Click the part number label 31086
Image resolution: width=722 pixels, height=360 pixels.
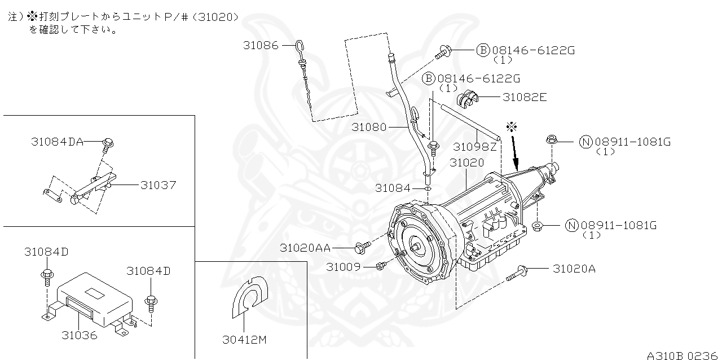261,46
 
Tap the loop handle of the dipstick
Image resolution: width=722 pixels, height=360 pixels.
300,45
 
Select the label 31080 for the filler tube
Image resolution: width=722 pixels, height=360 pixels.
369,127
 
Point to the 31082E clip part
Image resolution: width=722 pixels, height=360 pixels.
468,99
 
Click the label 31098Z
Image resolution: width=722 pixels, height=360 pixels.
475,147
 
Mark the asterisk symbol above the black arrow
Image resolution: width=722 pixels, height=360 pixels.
512,126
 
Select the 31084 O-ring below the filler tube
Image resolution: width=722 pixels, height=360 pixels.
428,188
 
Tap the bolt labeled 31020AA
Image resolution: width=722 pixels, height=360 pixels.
363,247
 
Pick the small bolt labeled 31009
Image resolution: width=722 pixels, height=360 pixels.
381,266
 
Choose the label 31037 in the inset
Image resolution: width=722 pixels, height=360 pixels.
159,185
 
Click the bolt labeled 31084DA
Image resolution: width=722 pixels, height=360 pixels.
108,146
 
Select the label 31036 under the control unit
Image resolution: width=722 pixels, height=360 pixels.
80,336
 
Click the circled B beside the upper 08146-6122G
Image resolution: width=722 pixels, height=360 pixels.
483,50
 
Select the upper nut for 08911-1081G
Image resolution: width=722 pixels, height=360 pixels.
552,140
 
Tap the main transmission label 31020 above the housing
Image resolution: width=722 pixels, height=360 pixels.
467,163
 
